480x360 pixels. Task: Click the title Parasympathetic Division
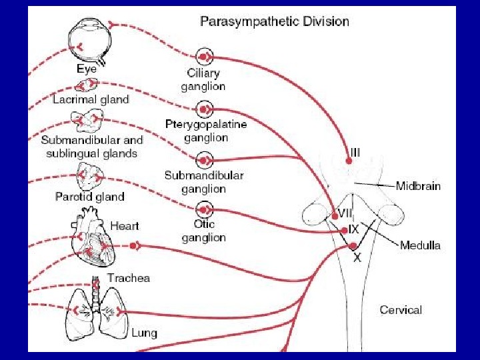275,21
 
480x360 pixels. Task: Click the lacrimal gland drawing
87,85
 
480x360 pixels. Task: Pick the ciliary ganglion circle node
205,56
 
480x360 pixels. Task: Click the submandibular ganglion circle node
205,160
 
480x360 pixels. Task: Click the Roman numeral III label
355,153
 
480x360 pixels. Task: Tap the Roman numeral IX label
354,229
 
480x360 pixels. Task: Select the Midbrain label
418,186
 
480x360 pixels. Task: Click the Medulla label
420,245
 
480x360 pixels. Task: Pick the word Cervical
401,309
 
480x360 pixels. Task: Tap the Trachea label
129,278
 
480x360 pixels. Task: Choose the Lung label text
144,332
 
